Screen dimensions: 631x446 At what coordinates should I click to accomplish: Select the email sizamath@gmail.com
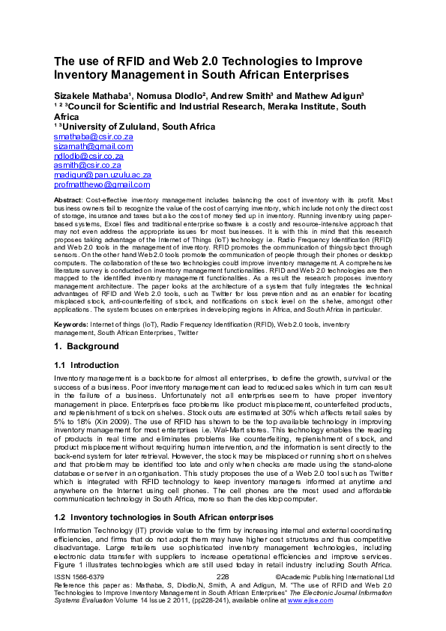94,147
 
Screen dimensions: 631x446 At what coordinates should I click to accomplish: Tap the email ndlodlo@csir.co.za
89,156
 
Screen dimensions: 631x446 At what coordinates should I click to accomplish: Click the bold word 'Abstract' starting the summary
68,202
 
